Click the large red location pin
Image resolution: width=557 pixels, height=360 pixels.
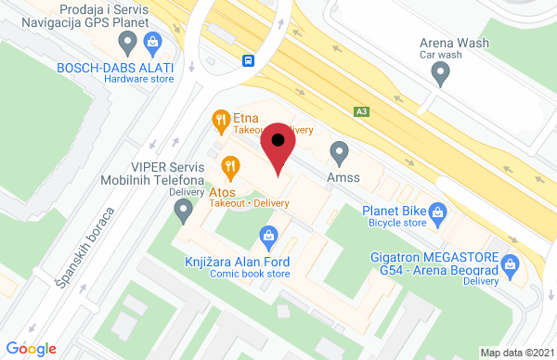point(278,148)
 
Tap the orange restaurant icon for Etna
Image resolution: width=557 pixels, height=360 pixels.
point(220,119)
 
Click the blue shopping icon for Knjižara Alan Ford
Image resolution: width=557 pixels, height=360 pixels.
point(268,237)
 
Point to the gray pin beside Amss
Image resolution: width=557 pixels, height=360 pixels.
point(340,150)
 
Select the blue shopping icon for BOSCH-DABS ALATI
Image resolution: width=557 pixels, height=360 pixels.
point(153,41)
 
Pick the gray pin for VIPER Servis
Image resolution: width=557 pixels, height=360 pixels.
point(183,212)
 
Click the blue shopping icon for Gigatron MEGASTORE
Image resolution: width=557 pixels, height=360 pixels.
point(509,264)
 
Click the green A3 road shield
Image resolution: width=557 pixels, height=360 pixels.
point(361,111)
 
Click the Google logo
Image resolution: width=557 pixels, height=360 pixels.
point(31,348)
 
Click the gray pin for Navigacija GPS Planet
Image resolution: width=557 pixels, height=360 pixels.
point(128,41)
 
